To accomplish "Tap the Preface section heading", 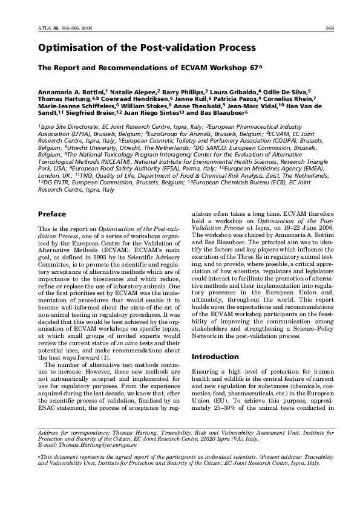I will (x=52, y=214).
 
